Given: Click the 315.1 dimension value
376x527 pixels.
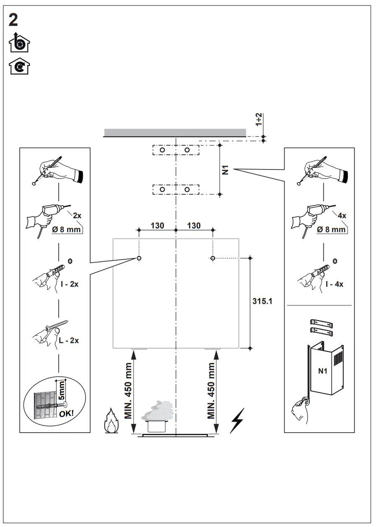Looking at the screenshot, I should (x=263, y=301).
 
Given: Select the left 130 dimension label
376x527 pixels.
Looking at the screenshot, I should (x=157, y=226).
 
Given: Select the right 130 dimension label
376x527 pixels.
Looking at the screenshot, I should (x=194, y=226).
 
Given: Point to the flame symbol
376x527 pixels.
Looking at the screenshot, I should (x=111, y=420).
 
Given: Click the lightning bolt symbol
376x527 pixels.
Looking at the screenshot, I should (x=237, y=420).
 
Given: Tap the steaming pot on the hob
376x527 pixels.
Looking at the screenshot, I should (x=158, y=417).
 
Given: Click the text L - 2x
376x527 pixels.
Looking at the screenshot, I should (x=68, y=340).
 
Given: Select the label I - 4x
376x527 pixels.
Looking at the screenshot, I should (x=334, y=284).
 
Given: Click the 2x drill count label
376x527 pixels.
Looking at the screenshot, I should (x=77, y=215).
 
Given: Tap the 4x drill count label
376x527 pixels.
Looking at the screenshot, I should (x=342, y=215).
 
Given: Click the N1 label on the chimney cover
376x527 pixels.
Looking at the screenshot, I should (x=322, y=371).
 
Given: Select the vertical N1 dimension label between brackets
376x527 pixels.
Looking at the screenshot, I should (x=226, y=170).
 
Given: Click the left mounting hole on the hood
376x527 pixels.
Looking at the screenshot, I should (x=139, y=258).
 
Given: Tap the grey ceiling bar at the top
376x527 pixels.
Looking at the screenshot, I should (x=175, y=133).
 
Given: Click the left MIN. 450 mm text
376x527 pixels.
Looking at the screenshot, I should (x=129, y=391).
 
